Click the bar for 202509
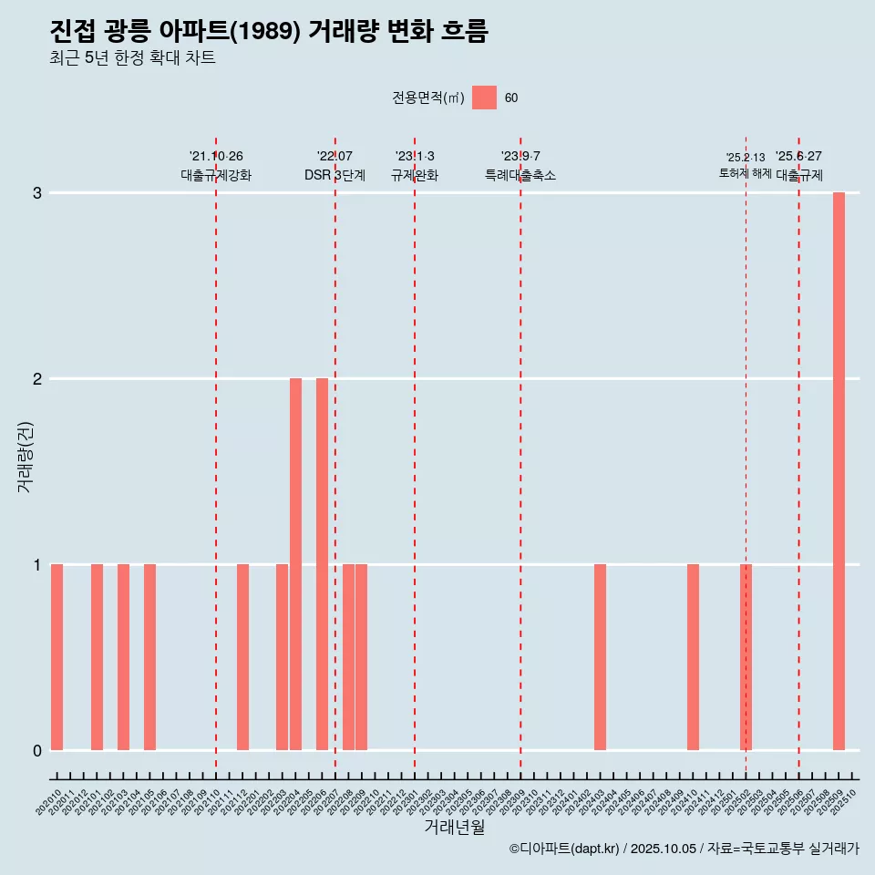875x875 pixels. click(839, 471)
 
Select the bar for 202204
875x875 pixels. click(295, 564)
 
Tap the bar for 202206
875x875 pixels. click(322, 564)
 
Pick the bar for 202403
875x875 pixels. click(600, 657)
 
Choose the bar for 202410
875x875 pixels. click(693, 657)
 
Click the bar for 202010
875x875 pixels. click(57, 657)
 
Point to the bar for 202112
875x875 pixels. click(242, 657)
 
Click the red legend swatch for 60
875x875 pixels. click(484, 98)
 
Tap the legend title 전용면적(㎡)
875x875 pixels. click(427, 98)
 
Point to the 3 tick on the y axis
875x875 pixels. click(37, 193)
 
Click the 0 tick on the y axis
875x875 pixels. click(37, 750)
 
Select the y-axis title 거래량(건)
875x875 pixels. click(26, 456)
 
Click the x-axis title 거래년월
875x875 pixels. click(454, 827)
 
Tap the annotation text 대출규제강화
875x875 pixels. click(216, 175)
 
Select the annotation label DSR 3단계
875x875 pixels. click(335, 175)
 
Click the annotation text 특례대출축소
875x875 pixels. click(520, 175)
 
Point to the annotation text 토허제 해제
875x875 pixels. click(745, 173)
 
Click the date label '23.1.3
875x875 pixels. click(415, 157)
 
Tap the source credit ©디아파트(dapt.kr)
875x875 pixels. click(565, 849)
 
